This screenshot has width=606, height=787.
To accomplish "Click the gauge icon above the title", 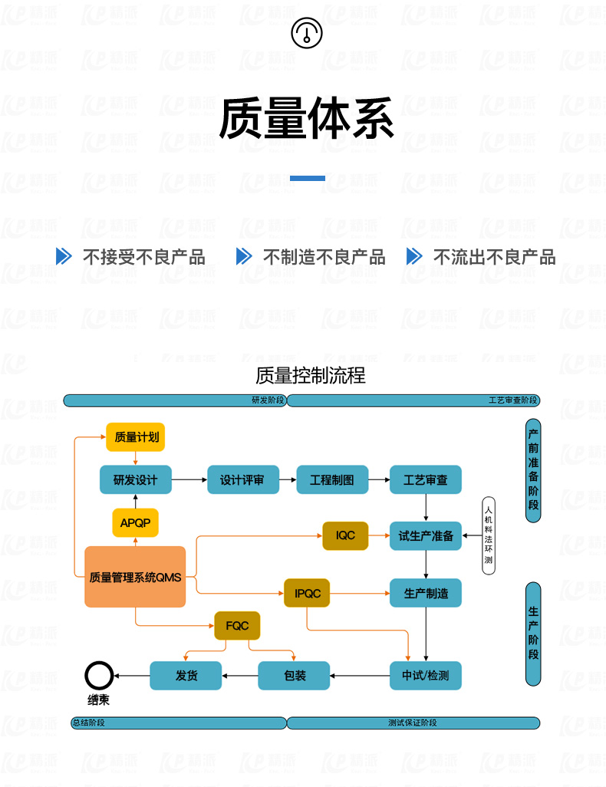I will pos(307,33).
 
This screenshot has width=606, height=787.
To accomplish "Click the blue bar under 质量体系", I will pos(307,178).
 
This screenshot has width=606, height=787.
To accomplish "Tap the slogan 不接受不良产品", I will pos(143,257).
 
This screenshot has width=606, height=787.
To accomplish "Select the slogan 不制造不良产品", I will pos(324,257).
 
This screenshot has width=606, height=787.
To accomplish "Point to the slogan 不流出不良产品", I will pos(494,257).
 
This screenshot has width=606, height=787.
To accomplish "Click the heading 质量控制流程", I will pos(311,375).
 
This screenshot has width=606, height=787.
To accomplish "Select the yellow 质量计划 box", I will pos(136,437).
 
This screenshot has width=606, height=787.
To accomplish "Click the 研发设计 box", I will pos(136,480).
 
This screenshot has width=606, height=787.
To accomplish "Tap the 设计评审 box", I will pos(242,480).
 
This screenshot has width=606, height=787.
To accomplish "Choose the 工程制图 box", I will pos(332,480).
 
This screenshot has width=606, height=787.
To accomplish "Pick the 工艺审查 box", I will pos(426,480).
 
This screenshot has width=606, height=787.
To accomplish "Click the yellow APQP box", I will pos(136,523).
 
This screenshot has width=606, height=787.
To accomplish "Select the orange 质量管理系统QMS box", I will pos(135,577).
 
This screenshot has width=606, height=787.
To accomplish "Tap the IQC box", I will pos(345,535).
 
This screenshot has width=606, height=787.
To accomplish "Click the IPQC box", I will pos(307,593).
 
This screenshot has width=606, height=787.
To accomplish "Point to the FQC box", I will pos(237,626).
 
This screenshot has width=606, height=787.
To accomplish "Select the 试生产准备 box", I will pos(426,535).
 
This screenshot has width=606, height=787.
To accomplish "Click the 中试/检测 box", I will pos(426,676).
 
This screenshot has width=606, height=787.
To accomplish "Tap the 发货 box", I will pos(186,676).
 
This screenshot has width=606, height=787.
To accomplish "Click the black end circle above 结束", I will pos(98,676).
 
